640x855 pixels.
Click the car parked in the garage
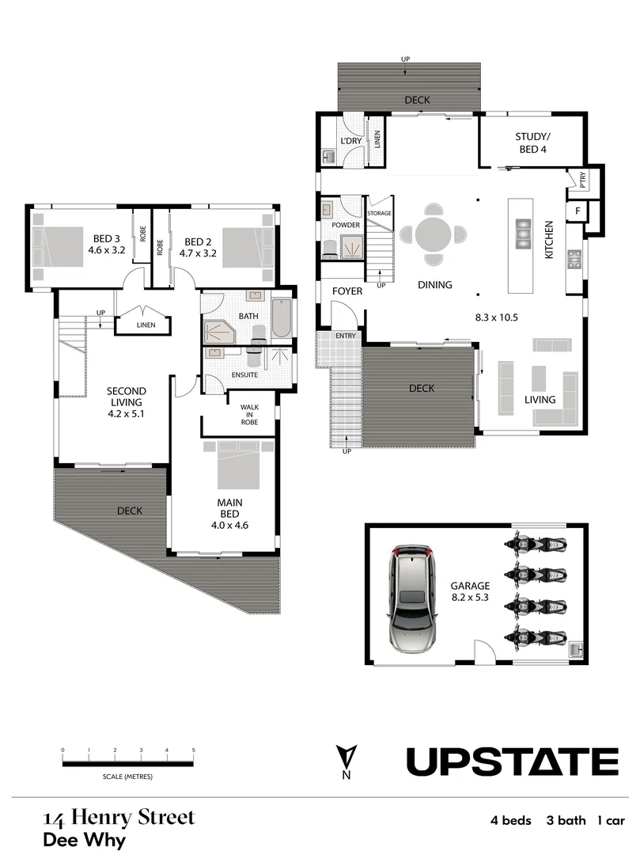point(411,598)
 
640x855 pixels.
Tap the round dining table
point(433,234)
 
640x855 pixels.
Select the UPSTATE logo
point(512,762)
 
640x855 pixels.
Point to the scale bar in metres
point(127,763)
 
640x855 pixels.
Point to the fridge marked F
point(578,211)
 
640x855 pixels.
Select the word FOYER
point(347,291)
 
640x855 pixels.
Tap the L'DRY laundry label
point(350,141)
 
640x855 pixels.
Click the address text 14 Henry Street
point(118,817)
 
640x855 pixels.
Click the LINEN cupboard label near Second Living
point(145,325)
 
